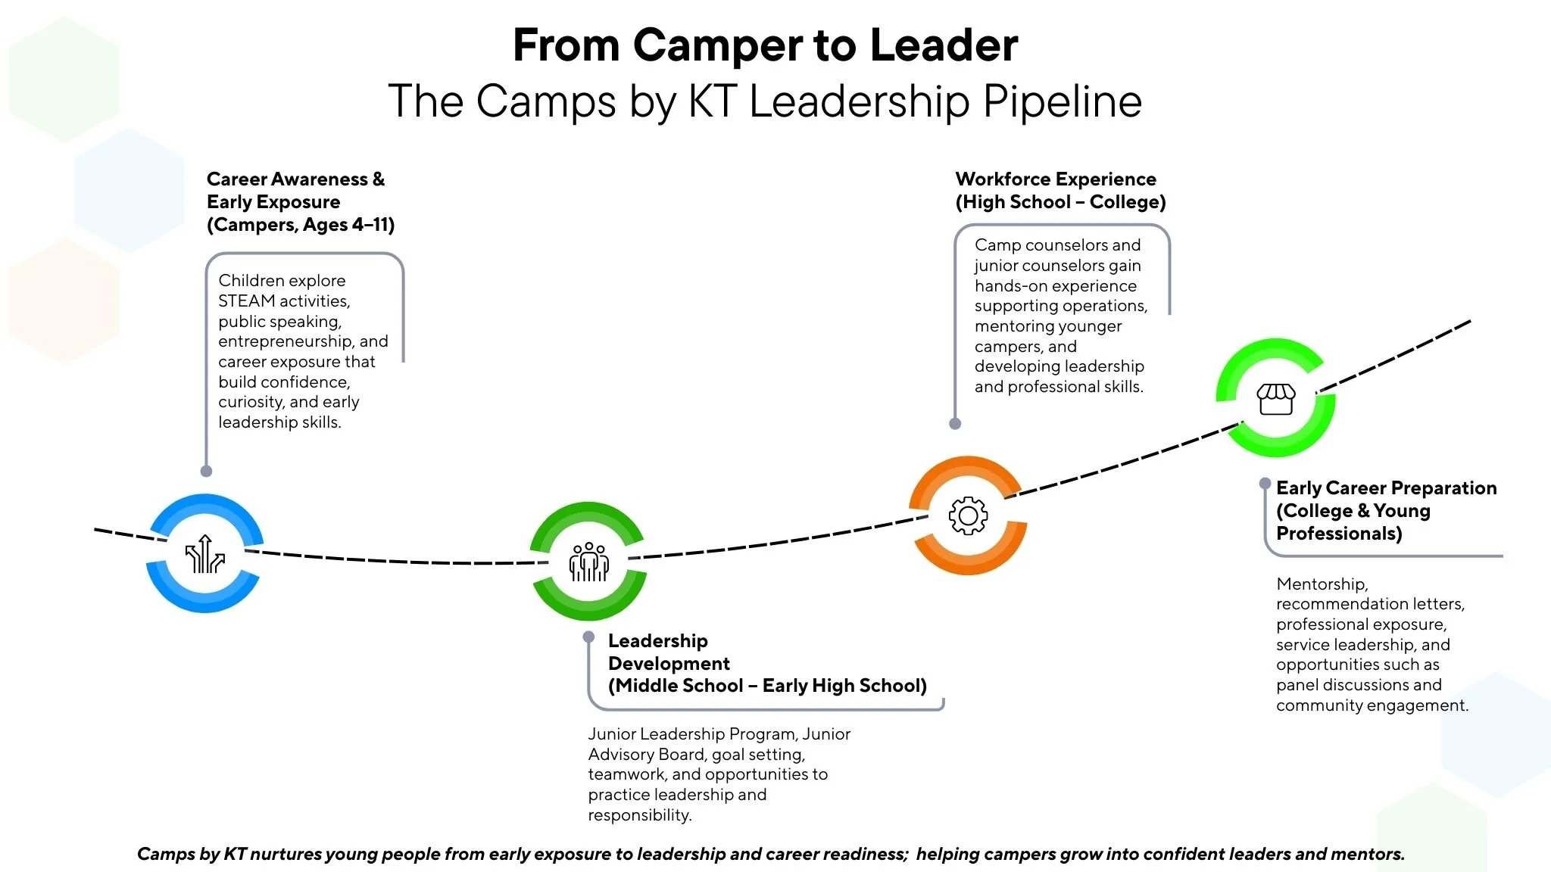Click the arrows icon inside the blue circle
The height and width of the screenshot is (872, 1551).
tap(205, 554)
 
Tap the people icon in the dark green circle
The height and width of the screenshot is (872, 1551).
tap(588, 562)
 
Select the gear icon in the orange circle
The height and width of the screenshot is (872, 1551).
tap(968, 516)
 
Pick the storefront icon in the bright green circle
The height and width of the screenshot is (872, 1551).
tap(1276, 399)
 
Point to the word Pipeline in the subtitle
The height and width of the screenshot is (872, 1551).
tap(1062, 101)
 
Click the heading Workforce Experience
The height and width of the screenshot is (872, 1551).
tap(1056, 179)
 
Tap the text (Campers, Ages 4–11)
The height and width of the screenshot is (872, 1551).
tap(301, 225)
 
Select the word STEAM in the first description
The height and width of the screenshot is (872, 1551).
tap(246, 301)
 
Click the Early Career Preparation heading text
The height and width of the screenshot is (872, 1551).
tap(1386, 488)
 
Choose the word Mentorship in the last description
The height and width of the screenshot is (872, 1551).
tap(1322, 584)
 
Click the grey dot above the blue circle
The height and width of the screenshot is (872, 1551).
tap(206, 471)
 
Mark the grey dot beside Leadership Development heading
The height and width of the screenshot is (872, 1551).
tap(588, 637)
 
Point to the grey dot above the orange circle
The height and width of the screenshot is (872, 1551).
tap(955, 424)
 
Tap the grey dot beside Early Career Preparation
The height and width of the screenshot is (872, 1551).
tap(1265, 483)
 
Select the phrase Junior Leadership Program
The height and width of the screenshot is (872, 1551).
tap(691, 734)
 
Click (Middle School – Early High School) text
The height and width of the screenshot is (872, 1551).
tap(767, 686)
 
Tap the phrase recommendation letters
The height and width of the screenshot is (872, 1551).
tap(1369, 604)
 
